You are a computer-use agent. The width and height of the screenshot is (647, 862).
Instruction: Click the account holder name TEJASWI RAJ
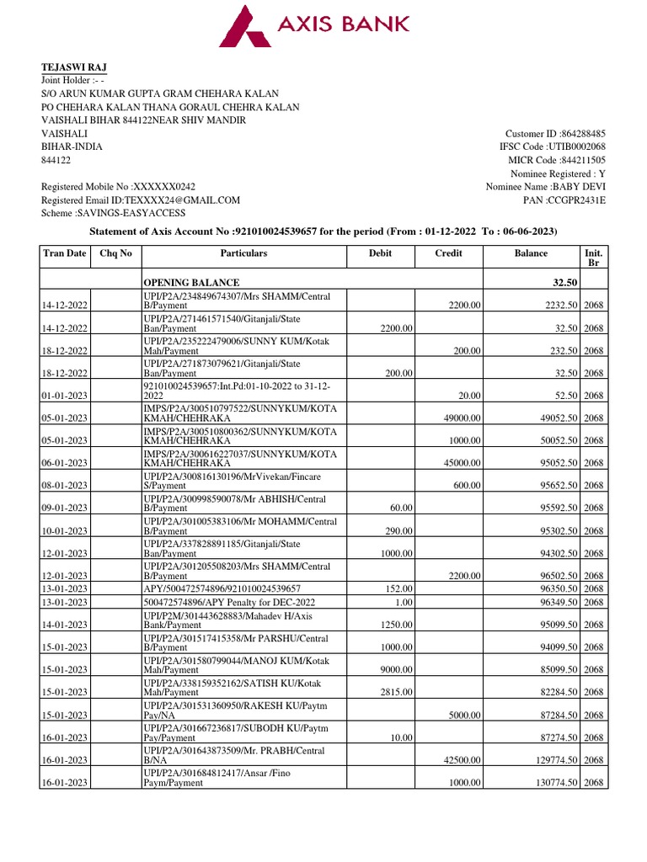(74, 67)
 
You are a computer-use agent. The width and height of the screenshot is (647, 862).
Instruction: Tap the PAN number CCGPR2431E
(575, 200)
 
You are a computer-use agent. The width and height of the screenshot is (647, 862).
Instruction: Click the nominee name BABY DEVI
(578, 187)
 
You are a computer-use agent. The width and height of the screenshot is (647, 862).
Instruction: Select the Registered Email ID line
(141, 200)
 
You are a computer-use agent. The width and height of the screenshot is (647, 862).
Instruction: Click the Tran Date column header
(65, 253)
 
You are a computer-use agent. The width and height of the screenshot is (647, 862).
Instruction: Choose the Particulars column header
(243, 253)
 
